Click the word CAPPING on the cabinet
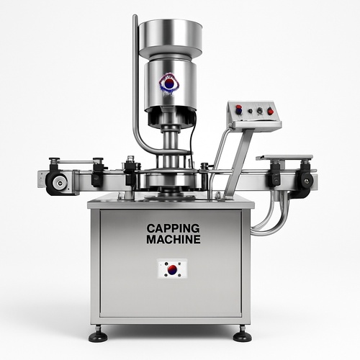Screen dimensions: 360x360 coord(173,228)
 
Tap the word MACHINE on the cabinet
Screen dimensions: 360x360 coord(174,240)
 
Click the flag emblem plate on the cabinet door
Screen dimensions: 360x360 coord(172,269)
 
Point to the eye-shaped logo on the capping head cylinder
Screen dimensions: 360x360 coord(169,84)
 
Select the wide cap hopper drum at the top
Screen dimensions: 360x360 coord(171,37)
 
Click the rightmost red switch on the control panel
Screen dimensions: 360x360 coord(271,110)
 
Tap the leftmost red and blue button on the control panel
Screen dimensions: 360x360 coord(239,109)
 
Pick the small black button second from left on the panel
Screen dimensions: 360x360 coord(251,111)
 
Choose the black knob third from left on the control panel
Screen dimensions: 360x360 coord(260,111)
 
